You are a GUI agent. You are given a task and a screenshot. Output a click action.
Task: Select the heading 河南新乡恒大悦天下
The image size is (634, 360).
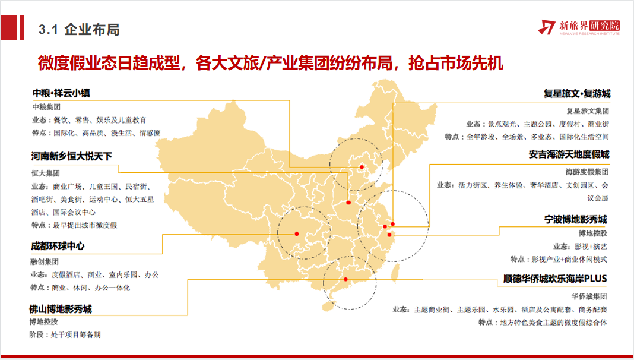[x=72, y=157]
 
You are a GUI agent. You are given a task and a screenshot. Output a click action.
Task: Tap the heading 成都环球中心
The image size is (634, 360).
[x=58, y=245]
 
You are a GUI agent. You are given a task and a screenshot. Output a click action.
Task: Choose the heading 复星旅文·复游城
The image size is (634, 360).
[x=576, y=94]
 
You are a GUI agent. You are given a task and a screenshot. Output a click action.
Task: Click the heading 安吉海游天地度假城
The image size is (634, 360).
[x=569, y=154]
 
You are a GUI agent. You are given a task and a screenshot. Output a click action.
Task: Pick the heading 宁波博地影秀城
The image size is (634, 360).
[x=576, y=219]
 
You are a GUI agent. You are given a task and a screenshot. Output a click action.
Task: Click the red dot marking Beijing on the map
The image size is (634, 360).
[x=361, y=168]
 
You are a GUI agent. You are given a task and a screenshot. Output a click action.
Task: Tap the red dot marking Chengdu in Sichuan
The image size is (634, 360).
[x=296, y=234]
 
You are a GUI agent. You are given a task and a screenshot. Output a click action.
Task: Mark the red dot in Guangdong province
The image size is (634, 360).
[x=346, y=279]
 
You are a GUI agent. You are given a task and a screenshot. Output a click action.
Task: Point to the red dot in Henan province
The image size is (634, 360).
[x=348, y=203]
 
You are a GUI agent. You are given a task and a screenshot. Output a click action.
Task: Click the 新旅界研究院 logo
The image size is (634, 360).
[x=578, y=27]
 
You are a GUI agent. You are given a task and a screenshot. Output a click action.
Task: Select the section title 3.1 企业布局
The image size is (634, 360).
[x=78, y=29]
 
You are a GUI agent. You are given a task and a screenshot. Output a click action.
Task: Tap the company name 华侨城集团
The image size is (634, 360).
[x=589, y=295]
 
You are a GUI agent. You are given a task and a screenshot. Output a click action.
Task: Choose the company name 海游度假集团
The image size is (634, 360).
[x=587, y=172]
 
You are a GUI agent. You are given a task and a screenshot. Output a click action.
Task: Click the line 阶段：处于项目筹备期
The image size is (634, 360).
[x=65, y=334]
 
